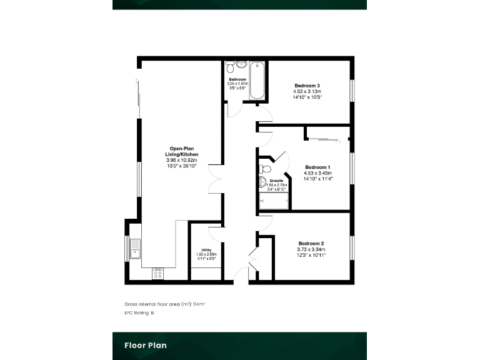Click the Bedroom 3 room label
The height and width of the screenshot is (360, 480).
pyautogui.click(x=307, y=86)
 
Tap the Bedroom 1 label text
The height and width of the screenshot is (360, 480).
pyautogui.click(x=317, y=167)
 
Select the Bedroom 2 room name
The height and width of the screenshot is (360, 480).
pyautogui.click(x=311, y=243)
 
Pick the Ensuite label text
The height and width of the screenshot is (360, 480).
pyautogui.click(x=276, y=181)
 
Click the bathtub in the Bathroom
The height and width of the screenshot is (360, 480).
pyautogui.click(x=257, y=81)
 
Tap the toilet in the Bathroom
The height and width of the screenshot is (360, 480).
pyautogui.click(x=229, y=66)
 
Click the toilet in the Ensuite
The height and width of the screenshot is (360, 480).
pyautogui.click(x=264, y=168)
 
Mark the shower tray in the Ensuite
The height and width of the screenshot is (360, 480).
pyautogui.click(x=274, y=201)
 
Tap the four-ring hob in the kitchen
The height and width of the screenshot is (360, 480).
pyautogui.click(x=158, y=274)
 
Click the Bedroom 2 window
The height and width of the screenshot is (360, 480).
pyautogui.click(x=352, y=247)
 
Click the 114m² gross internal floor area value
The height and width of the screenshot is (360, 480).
pyautogui.click(x=199, y=304)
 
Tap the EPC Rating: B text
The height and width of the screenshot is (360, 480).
pyautogui.click(x=139, y=312)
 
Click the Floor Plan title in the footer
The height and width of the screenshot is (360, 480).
pyautogui.click(x=145, y=345)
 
